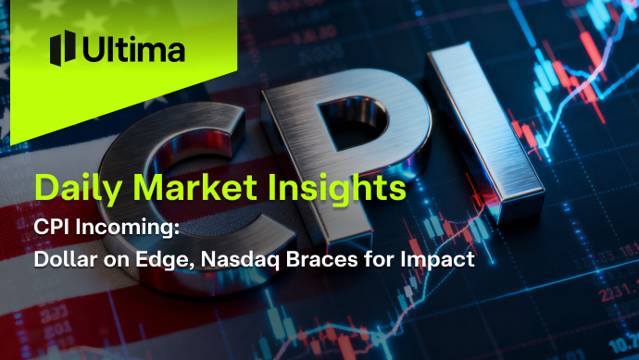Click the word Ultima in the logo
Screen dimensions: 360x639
[132, 49]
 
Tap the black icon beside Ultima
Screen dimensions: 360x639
[62, 48]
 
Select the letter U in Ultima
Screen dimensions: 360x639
[94, 49]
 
